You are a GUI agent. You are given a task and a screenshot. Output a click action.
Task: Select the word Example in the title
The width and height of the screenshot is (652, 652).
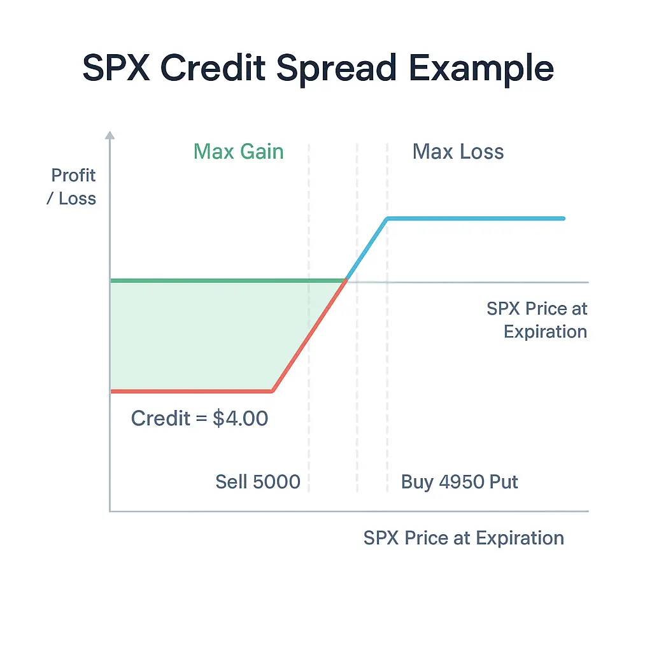pyautogui.click(x=482, y=68)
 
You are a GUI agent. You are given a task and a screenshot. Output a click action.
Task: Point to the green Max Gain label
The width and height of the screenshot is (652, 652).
pyautogui.click(x=238, y=152)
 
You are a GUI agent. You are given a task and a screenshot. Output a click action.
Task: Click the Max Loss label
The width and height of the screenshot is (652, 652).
pyautogui.click(x=458, y=152)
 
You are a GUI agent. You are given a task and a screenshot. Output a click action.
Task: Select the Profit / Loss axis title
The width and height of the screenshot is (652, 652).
pyautogui.click(x=73, y=187)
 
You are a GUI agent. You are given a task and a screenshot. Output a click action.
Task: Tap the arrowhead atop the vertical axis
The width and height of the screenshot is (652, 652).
pyautogui.click(x=110, y=135)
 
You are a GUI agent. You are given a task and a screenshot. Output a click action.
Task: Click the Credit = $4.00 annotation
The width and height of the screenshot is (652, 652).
pyautogui.click(x=199, y=418)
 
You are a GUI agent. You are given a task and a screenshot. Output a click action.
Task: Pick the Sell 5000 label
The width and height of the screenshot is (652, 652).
pyautogui.click(x=257, y=481)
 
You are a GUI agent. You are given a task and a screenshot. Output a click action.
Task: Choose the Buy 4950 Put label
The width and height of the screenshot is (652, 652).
pyautogui.click(x=459, y=481)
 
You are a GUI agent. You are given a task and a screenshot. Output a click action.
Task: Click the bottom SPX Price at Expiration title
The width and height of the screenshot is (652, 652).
pyautogui.click(x=464, y=538)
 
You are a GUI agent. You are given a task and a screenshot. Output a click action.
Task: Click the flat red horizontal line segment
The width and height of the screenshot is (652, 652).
pyautogui.click(x=191, y=391)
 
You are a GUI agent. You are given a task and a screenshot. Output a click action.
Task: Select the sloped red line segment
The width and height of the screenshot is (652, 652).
pyautogui.click(x=309, y=336)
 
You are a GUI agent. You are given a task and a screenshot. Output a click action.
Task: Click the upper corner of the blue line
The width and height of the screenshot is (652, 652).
pyautogui.click(x=387, y=219)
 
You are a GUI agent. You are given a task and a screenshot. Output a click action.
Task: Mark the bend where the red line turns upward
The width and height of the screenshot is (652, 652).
pyautogui.click(x=273, y=390)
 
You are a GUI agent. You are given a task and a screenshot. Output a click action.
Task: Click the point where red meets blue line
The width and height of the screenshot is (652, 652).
pyautogui.click(x=346, y=280)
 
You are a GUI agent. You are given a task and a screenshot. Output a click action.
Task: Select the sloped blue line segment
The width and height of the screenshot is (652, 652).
pyautogui.click(x=367, y=248)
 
